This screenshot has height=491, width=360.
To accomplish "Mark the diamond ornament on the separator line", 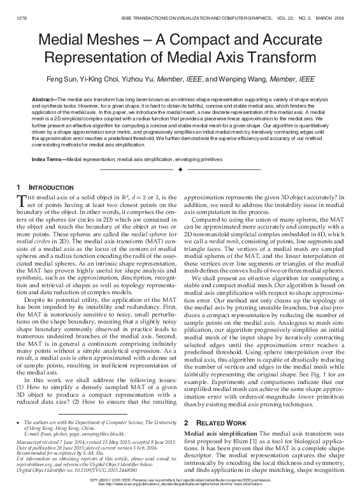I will (180, 170).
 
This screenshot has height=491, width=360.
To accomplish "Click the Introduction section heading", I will (46, 187).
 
